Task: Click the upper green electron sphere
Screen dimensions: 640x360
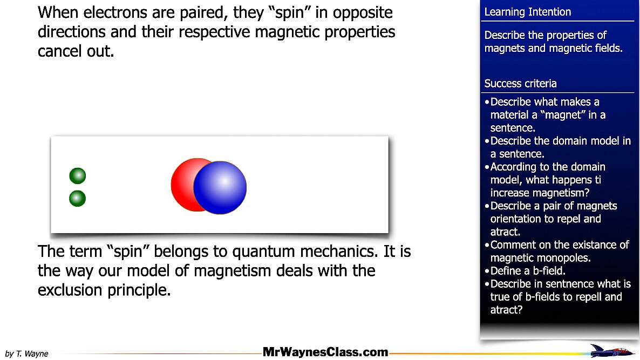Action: pyautogui.click(x=78, y=176)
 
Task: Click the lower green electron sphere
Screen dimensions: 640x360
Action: pyautogui.click(x=78, y=199)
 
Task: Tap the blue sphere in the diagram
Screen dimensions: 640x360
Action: pyautogui.click(x=220, y=187)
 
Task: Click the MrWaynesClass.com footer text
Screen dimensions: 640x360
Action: pyautogui.click(x=325, y=352)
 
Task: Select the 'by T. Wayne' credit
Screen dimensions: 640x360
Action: pyautogui.click(x=26, y=354)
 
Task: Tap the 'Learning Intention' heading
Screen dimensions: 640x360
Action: pyautogui.click(x=527, y=12)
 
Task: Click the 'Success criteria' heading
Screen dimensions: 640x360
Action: pyautogui.click(x=520, y=84)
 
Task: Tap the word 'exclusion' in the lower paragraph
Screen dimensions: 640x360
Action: pyautogui.click(x=70, y=290)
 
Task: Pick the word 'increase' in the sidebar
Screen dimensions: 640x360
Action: pyautogui.click(x=509, y=193)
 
